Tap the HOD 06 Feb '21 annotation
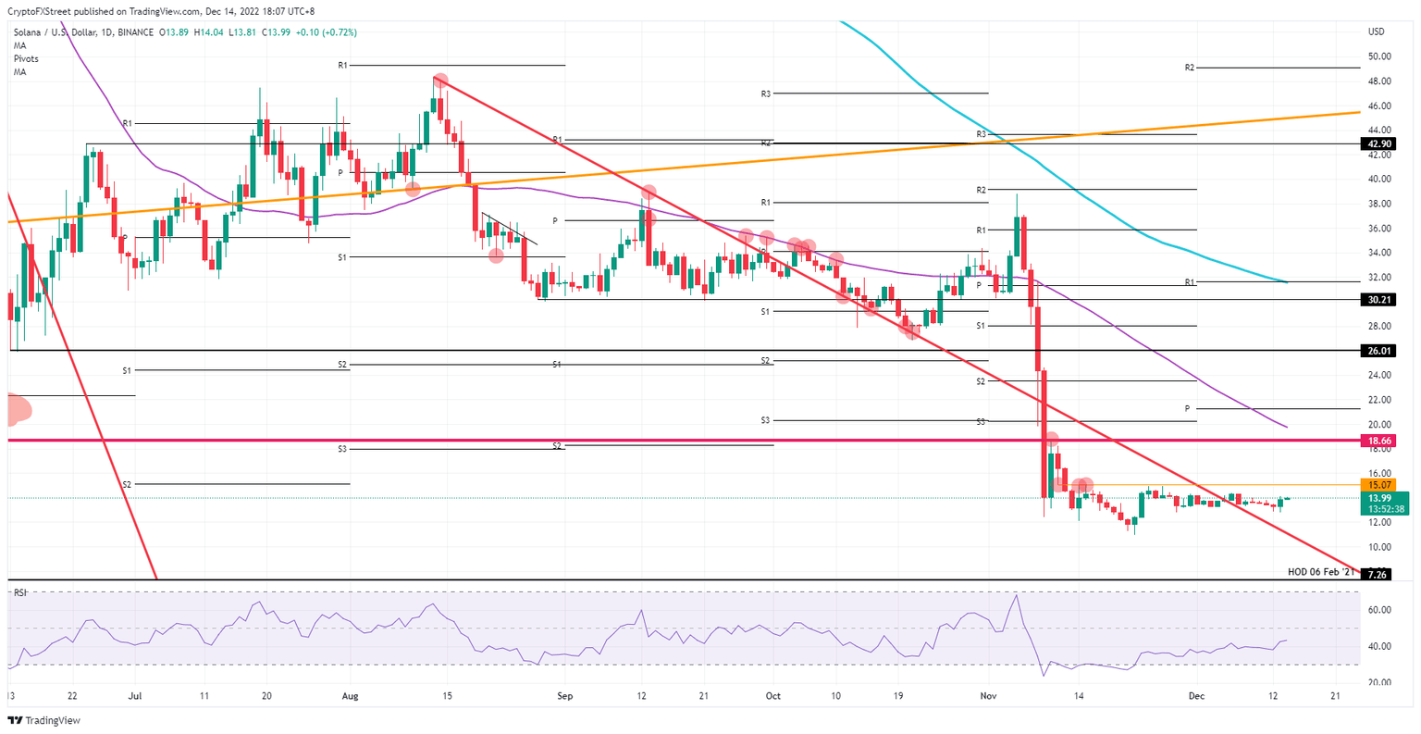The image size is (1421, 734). (x=1321, y=572)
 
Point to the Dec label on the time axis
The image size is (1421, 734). (x=1195, y=695)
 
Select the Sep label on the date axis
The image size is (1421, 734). (x=562, y=695)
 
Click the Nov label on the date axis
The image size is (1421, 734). (x=988, y=695)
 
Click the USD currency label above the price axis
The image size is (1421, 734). (x=1376, y=32)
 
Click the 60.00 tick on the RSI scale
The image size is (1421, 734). (x=1379, y=610)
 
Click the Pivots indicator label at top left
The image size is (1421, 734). (x=26, y=58)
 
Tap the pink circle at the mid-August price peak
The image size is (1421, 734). (x=440, y=81)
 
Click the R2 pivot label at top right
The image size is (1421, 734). (x=1190, y=68)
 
